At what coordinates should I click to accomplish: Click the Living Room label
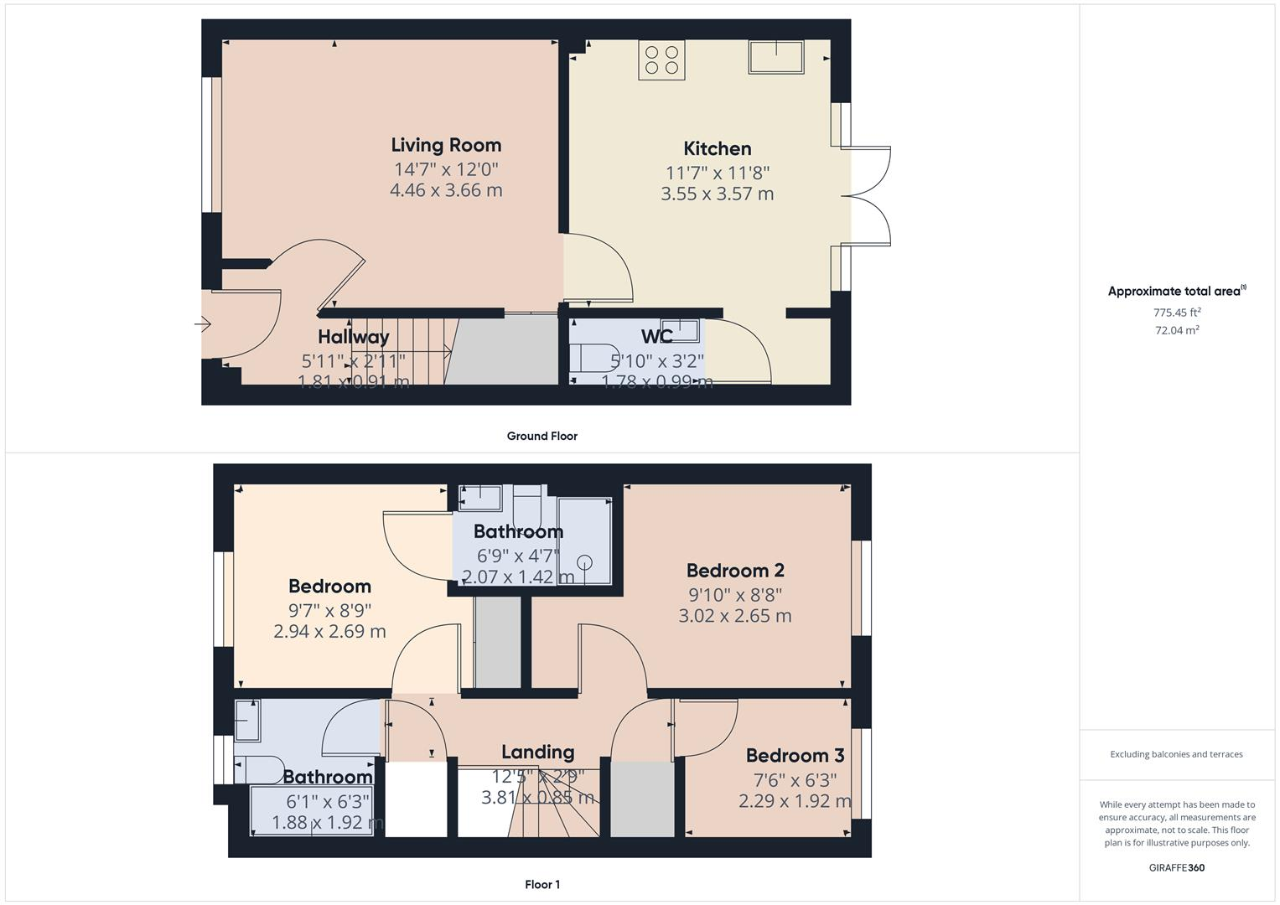pyautogui.click(x=446, y=145)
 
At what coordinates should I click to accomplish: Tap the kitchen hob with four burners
pyautogui.click(x=661, y=60)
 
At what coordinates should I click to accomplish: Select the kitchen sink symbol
pyautogui.click(x=776, y=57)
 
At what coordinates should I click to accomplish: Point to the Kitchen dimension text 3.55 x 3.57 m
pyautogui.click(x=717, y=194)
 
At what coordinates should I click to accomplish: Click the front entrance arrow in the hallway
pyautogui.click(x=203, y=324)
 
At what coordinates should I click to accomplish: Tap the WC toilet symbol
pyautogui.click(x=593, y=358)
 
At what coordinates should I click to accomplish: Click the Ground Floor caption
pyautogui.click(x=542, y=436)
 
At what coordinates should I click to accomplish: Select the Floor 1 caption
pyautogui.click(x=542, y=884)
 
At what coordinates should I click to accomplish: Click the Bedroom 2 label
pyautogui.click(x=735, y=571)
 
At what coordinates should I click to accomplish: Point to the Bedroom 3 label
pyautogui.click(x=795, y=756)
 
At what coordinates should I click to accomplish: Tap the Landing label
pyautogui.click(x=537, y=752)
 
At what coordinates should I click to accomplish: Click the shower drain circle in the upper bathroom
pyautogui.click(x=585, y=563)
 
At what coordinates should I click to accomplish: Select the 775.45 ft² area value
pyautogui.click(x=1177, y=313)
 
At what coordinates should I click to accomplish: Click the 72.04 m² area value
pyautogui.click(x=1177, y=330)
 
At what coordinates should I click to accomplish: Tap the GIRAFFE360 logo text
pyautogui.click(x=1177, y=867)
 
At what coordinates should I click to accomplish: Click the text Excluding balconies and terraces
pyautogui.click(x=1176, y=754)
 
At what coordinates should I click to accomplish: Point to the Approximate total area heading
pyautogui.click(x=1176, y=292)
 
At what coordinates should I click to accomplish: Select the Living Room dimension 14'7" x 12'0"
pyautogui.click(x=446, y=168)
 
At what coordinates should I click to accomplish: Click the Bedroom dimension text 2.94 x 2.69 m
pyautogui.click(x=329, y=632)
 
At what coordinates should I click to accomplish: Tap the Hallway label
pyautogui.click(x=353, y=337)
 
